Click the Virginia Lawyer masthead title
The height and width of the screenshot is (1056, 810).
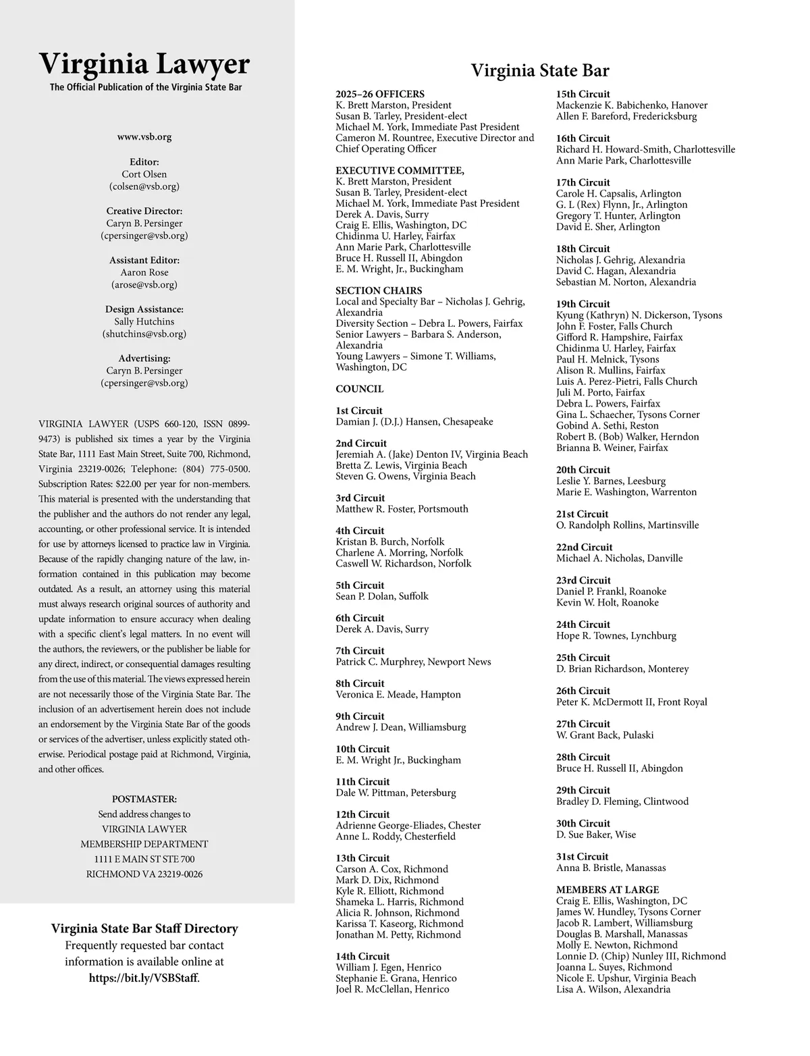point(144,65)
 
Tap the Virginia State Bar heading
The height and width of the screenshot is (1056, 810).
point(539,71)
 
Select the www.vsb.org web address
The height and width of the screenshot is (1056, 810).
point(144,137)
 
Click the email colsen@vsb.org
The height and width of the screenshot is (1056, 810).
point(144,186)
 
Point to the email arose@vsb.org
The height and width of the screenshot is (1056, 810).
point(144,285)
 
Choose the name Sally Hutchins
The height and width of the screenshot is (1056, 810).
point(144,322)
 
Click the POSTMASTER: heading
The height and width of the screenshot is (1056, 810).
point(144,799)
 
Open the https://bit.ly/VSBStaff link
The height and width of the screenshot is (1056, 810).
point(144,978)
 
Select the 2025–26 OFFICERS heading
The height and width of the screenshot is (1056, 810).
point(380,95)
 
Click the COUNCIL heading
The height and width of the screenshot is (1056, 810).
point(360,390)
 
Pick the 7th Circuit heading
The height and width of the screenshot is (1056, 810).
point(360,651)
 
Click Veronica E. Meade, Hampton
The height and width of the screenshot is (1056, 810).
point(398,695)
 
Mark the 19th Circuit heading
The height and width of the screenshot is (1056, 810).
point(583,305)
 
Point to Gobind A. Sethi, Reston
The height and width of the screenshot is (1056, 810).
point(607,426)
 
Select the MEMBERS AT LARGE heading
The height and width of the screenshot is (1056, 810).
point(607,890)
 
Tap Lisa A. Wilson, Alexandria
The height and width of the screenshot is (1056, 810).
point(613,990)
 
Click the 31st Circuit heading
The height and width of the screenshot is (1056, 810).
point(583,857)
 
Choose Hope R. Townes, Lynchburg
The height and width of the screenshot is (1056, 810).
point(616,636)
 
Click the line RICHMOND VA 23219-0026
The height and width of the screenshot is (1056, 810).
point(144,874)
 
